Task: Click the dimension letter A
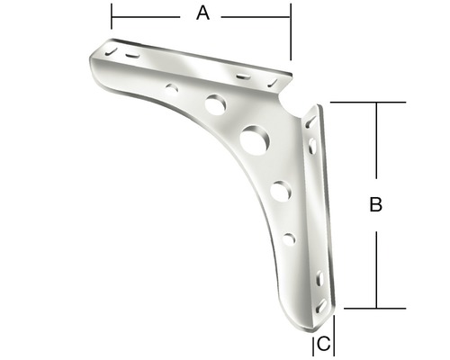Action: coord(202,13)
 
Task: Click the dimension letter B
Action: coord(376,205)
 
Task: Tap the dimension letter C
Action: coord(324,343)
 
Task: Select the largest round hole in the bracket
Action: coord(255,139)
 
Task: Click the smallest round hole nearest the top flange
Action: coord(172,88)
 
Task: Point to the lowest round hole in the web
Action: coord(289,238)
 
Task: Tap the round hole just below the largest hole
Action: coord(280,191)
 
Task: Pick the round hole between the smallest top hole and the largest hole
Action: coord(215,104)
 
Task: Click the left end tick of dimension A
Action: coord(112,16)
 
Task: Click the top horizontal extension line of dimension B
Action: coord(360,103)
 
